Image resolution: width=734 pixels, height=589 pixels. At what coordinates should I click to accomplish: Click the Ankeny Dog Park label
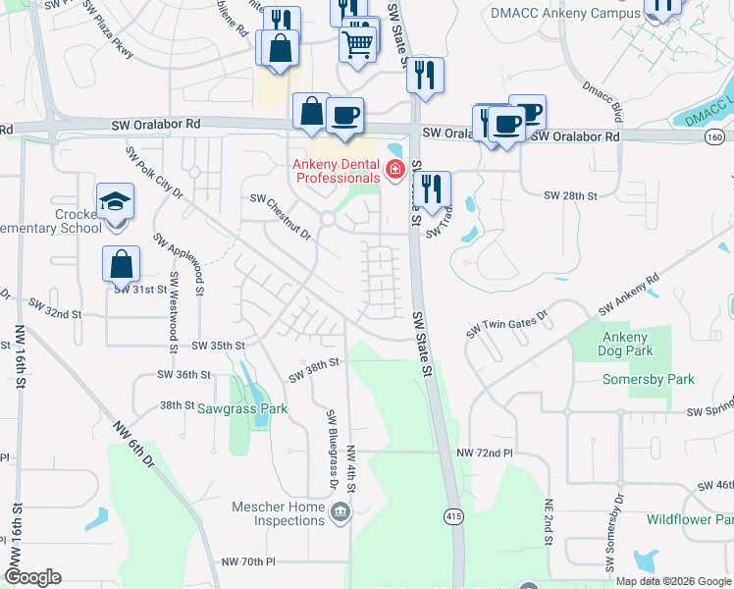tap(625, 344)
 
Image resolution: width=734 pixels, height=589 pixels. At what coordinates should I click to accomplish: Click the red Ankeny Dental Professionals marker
tap(395, 170)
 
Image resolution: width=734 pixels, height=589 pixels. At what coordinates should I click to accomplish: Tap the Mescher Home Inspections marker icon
tap(341, 510)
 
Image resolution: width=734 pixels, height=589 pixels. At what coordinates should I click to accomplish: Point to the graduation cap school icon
tap(116, 202)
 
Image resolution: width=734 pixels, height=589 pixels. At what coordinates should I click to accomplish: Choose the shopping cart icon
tap(358, 42)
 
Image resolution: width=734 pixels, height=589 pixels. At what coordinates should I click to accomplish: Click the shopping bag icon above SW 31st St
tap(121, 264)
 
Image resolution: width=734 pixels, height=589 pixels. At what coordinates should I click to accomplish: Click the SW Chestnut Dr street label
tap(281, 215)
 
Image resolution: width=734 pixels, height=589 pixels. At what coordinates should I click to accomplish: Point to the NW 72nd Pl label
tap(485, 453)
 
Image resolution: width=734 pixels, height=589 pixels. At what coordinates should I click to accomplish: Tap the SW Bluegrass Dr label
tap(332, 450)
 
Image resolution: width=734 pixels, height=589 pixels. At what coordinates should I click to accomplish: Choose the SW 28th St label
tap(571, 195)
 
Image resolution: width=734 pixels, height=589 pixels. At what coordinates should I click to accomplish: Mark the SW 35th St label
tap(217, 346)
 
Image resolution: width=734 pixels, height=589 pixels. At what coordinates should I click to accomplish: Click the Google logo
tap(32, 577)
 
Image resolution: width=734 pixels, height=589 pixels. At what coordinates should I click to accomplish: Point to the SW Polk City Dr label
tap(154, 173)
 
